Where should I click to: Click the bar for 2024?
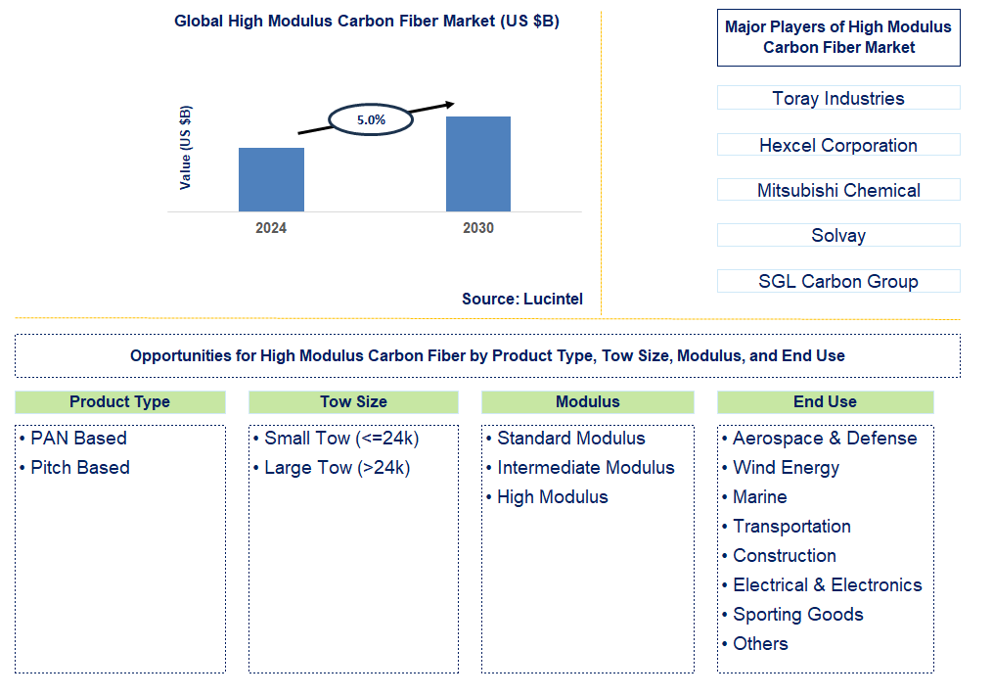(x=271, y=179)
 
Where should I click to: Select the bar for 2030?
(x=478, y=163)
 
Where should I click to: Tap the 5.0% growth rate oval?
(x=371, y=119)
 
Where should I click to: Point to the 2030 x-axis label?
(x=478, y=228)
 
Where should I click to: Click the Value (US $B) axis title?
(x=186, y=147)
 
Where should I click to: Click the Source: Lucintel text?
(x=521, y=299)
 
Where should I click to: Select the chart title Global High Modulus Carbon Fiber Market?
(x=367, y=21)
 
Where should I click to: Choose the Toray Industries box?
(x=838, y=98)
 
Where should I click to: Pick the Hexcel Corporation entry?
(x=838, y=145)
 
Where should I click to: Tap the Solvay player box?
(x=838, y=235)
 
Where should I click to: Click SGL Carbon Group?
(x=838, y=281)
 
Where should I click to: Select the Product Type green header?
(x=119, y=401)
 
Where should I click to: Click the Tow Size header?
(x=353, y=401)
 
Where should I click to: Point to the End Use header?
(x=825, y=401)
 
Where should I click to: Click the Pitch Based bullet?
(x=80, y=467)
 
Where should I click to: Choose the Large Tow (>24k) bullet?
(x=337, y=467)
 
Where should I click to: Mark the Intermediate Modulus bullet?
(x=585, y=467)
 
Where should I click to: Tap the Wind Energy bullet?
(x=786, y=467)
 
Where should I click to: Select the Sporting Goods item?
(x=797, y=614)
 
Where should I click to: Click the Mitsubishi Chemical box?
(x=838, y=190)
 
